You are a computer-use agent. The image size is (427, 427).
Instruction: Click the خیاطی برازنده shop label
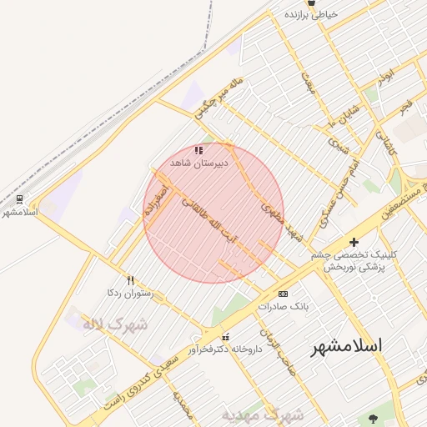[311, 14]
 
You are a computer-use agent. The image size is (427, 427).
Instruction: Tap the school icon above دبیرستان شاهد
[198, 150]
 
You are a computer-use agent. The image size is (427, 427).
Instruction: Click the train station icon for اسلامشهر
[18, 198]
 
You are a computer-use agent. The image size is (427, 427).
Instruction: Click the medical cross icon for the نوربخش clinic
[354, 242]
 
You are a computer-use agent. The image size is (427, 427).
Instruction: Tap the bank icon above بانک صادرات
[283, 294]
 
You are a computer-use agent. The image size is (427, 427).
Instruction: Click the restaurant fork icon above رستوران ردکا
[129, 280]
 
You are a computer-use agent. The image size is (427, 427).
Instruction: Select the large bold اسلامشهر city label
[346, 344]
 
